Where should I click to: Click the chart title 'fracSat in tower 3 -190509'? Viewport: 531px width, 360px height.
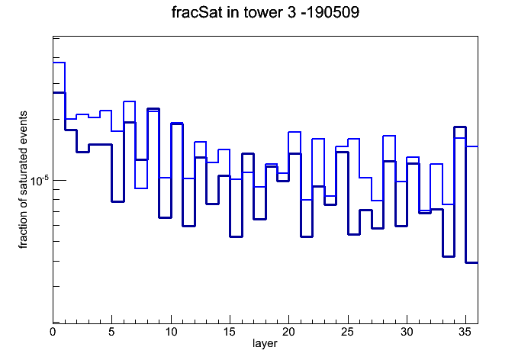[265, 12]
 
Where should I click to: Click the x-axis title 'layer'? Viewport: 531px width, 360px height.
[265, 343]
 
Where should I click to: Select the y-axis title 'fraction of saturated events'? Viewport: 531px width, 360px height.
[23, 179]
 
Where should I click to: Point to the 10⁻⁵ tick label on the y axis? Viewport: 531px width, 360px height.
[40, 181]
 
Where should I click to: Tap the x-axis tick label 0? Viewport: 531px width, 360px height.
[53, 332]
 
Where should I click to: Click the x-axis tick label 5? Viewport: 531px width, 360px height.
[111, 332]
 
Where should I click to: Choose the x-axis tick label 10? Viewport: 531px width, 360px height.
[171, 332]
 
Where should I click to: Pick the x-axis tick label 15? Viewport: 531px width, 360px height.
[230, 332]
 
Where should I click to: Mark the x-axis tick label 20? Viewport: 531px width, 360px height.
[288, 332]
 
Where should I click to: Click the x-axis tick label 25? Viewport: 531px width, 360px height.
[347, 332]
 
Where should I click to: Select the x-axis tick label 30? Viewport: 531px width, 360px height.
[407, 332]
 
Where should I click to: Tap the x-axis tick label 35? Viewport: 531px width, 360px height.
[465, 332]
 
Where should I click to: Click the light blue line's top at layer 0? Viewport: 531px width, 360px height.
[59, 63]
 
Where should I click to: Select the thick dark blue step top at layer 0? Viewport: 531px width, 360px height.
[59, 92]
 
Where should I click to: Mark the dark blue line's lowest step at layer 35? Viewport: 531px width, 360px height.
[471, 262]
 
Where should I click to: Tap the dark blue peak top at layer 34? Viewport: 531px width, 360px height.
[460, 127]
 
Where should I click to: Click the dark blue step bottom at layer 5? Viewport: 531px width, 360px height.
[117, 201]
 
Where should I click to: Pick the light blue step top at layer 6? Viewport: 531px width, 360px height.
[130, 101]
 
